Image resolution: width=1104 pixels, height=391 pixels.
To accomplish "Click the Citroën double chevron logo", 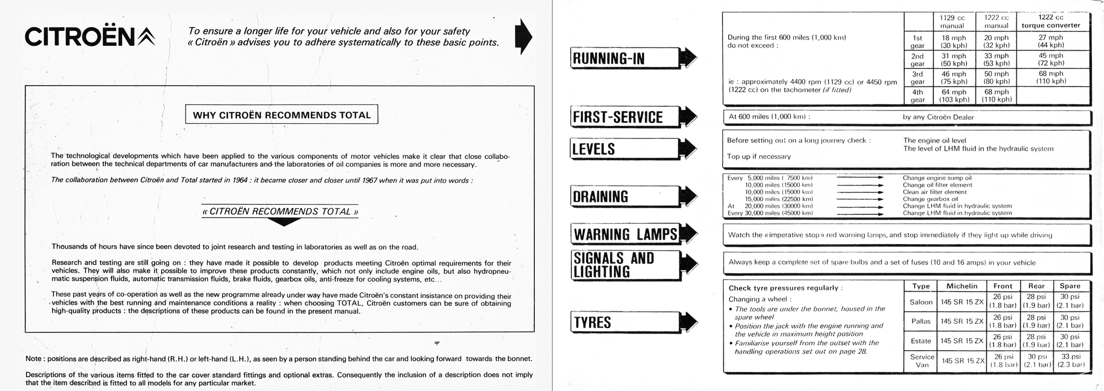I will pyautogui.click(x=146, y=37).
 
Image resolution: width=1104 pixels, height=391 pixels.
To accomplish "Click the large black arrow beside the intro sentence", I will pyautogui.click(x=523, y=36).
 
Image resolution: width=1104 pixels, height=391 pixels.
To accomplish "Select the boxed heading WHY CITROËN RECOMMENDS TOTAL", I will pyautogui.click(x=282, y=115).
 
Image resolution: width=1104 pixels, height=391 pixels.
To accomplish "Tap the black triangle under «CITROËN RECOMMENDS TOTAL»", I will pyautogui.click(x=283, y=222).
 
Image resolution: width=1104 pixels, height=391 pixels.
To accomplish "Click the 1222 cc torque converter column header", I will pyautogui.click(x=1051, y=22).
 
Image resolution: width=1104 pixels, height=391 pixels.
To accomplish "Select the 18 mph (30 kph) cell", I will pyautogui.click(x=953, y=41).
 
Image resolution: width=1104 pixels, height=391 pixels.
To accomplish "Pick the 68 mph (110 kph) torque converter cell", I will pyautogui.click(x=1051, y=77).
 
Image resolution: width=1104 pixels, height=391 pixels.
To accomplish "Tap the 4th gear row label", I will pyautogui.click(x=917, y=96).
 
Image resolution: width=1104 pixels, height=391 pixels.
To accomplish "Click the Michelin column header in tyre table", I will pyautogui.click(x=962, y=286).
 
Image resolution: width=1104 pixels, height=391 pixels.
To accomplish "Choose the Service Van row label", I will pyautogui.click(x=922, y=361).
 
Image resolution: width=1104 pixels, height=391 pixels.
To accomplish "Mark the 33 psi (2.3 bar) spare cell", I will pyautogui.click(x=1070, y=361).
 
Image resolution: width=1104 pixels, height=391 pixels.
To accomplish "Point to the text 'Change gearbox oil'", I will pyautogui.click(x=930, y=199).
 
